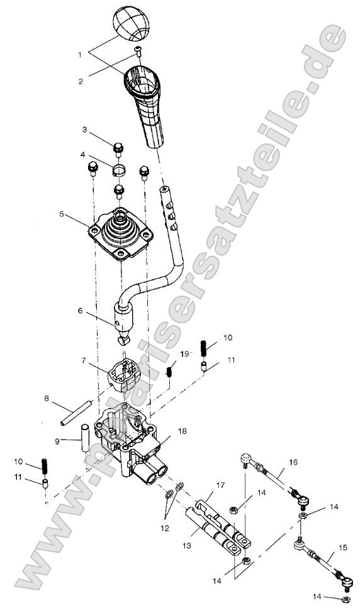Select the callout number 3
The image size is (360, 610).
pos(84,130)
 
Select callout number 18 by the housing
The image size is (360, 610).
pos(183,431)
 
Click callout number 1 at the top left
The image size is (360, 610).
pos(80,55)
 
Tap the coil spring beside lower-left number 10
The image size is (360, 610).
pos(46,467)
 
